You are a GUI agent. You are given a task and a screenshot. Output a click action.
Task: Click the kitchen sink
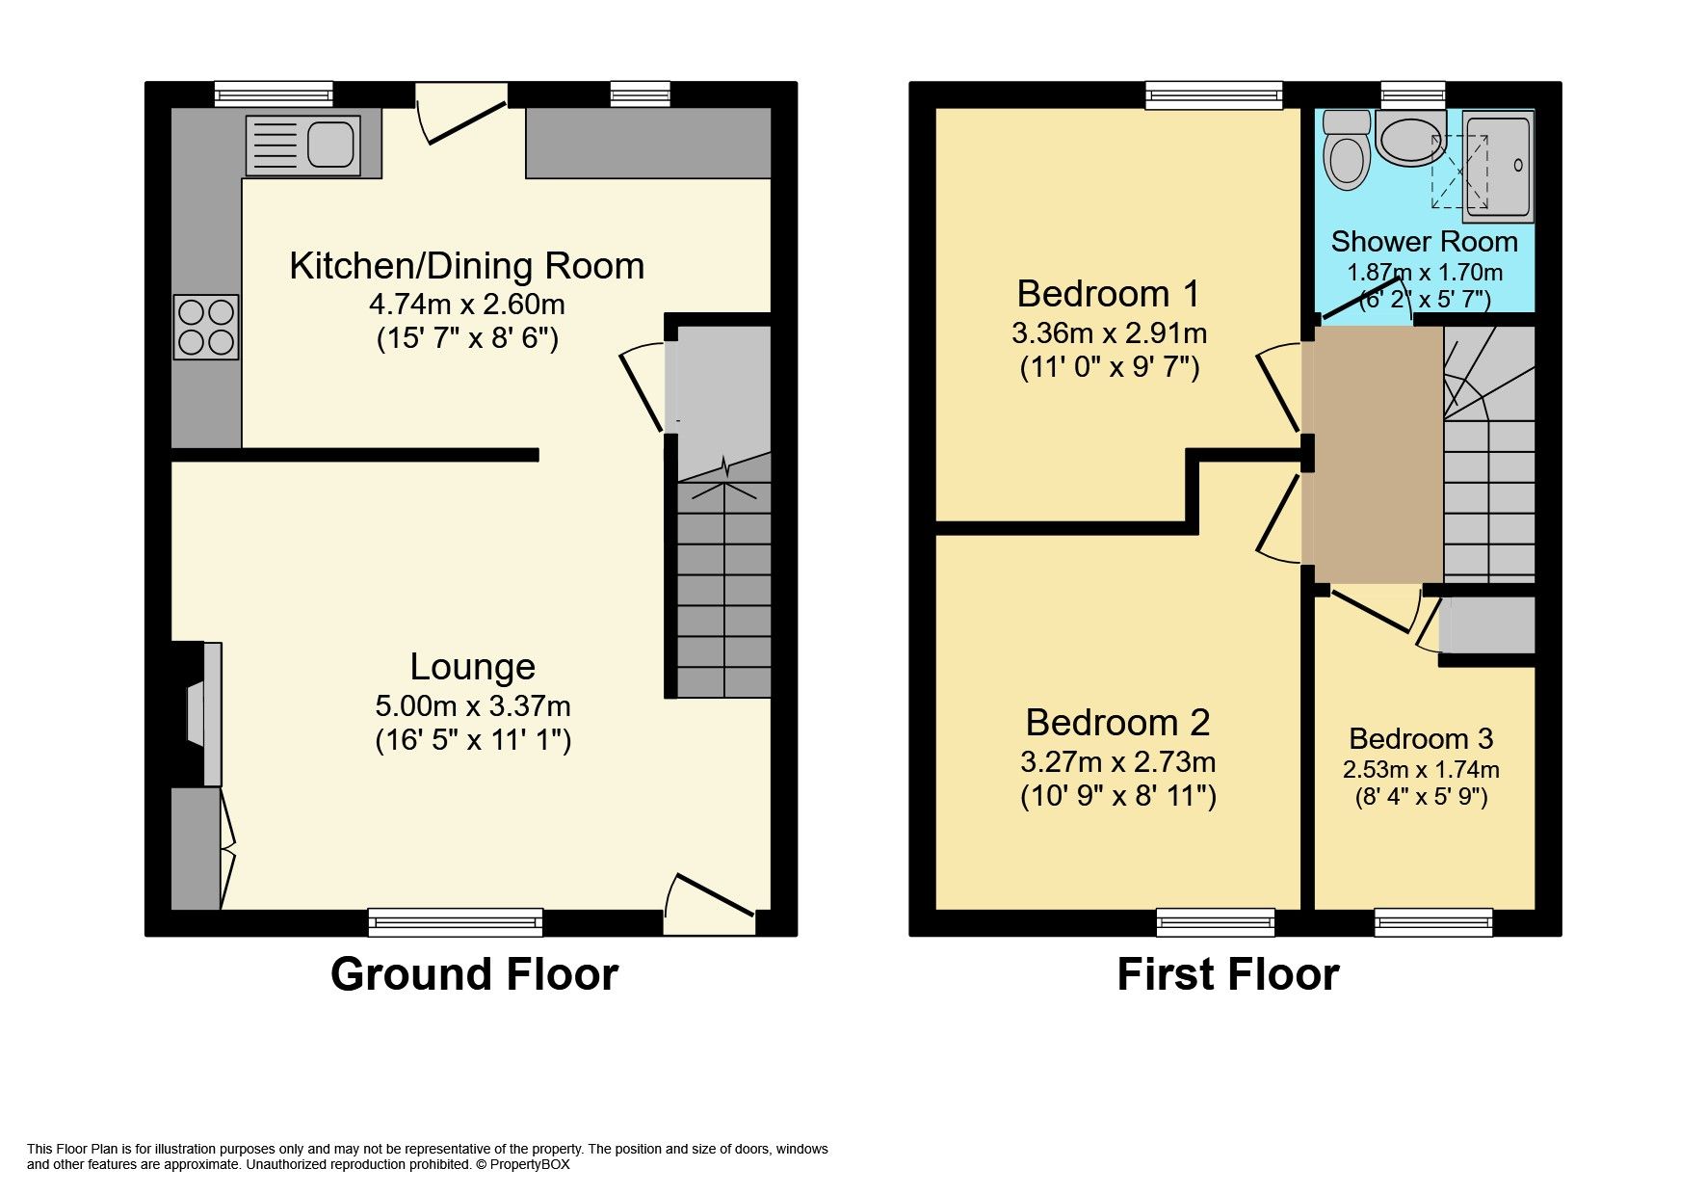(x=302, y=146)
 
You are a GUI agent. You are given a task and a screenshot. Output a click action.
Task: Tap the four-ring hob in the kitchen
(x=206, y=327)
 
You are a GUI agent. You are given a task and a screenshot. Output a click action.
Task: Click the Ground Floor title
(x=474, y=974)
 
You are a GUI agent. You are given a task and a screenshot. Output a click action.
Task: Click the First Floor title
(x=1227, y=974)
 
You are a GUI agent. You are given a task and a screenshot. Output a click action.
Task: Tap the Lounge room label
(x=472, y=667)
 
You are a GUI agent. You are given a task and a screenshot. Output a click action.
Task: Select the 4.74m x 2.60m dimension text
(x=467, y=305)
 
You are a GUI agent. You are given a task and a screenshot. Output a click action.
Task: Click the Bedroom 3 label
(x=1421, y=739)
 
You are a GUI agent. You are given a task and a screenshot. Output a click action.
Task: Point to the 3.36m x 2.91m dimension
(x=1109, y=333)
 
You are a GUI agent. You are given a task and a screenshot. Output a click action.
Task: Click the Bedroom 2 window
(x=1215, y=922)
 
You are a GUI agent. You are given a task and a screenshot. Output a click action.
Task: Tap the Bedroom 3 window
(x=1433, y=922)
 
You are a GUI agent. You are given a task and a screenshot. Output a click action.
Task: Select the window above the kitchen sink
(x=274, y=94)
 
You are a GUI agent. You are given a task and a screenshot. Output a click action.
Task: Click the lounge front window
(x=456, y=922)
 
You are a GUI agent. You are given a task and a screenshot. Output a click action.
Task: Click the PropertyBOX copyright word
(x=530, y=1164)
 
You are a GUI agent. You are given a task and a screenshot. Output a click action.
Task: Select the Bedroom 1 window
(x=1214, y=94)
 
